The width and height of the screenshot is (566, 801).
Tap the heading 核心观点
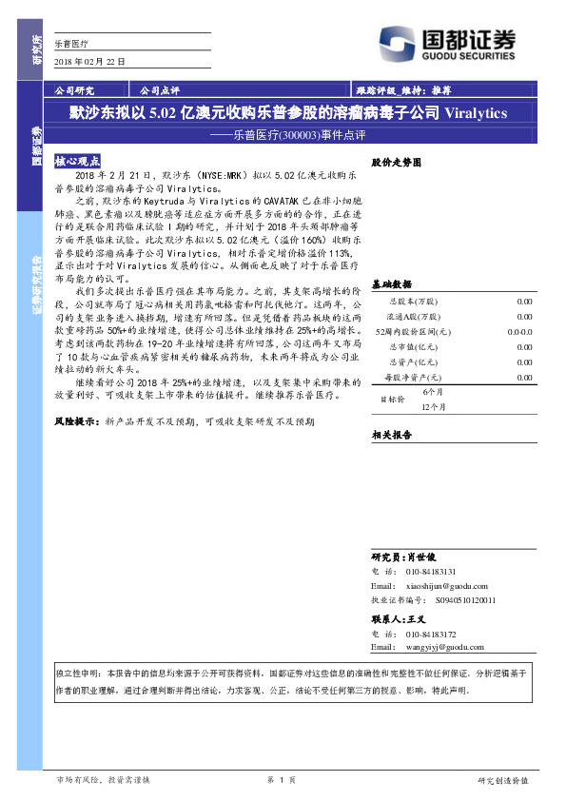(76, 162)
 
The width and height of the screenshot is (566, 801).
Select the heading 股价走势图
(395, 163)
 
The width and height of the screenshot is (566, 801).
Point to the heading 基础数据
(391, 283)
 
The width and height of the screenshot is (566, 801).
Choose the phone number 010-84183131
(430, 571)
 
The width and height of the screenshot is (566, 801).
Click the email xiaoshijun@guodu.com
(444, 587)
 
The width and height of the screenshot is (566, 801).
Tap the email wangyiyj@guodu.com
(445, 647)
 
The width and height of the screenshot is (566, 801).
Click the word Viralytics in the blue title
(477, 112)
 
